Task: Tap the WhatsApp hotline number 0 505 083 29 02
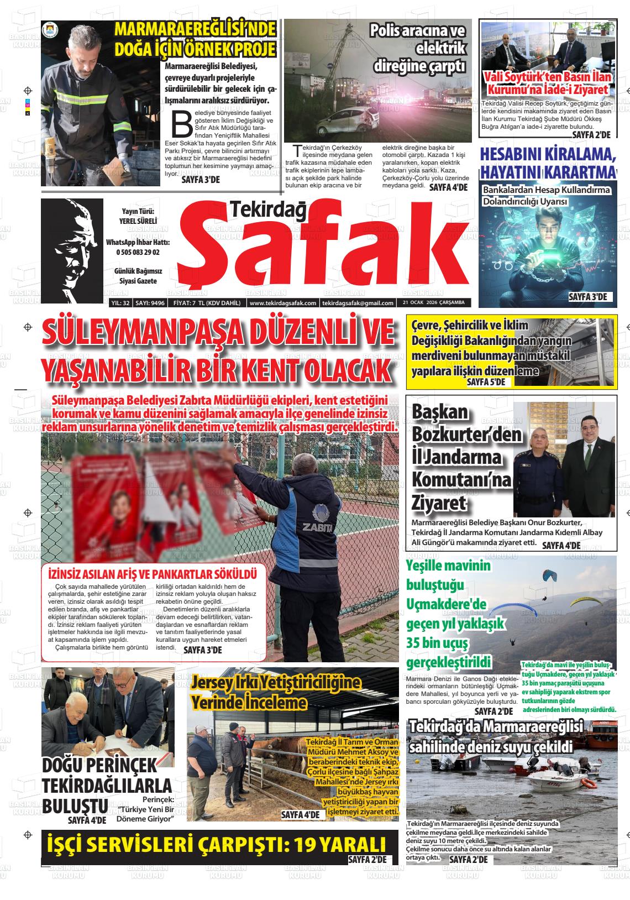click(138, 252)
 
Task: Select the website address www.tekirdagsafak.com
click(283, 303)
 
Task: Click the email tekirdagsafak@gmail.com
click(358, 303)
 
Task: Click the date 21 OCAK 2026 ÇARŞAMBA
click(433, 303)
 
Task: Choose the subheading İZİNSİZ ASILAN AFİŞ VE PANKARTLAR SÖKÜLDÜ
click(153, 573)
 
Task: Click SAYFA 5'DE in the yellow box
click(486, 382)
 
